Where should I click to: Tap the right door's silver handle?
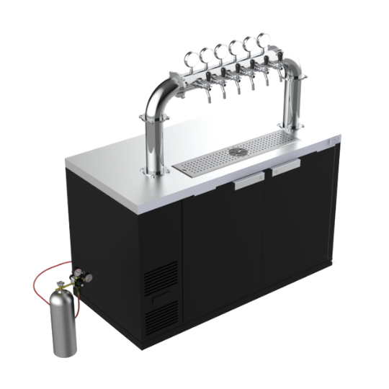pyautogui.click(x=286, y=166)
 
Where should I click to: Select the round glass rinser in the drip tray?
pyautogui.click(x=236, y=152)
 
